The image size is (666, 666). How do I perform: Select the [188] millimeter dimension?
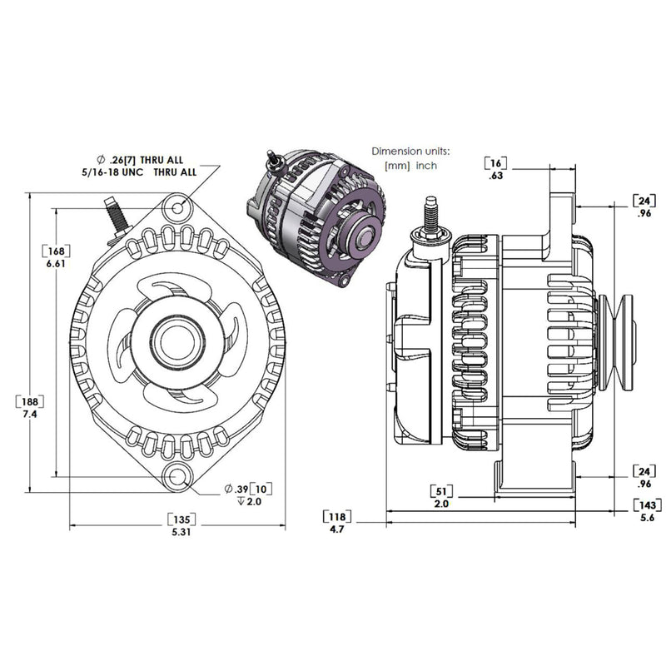31,401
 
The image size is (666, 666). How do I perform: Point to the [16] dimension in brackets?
495,162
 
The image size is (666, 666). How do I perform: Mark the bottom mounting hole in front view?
178,477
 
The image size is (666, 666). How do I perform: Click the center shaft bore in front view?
177,341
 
